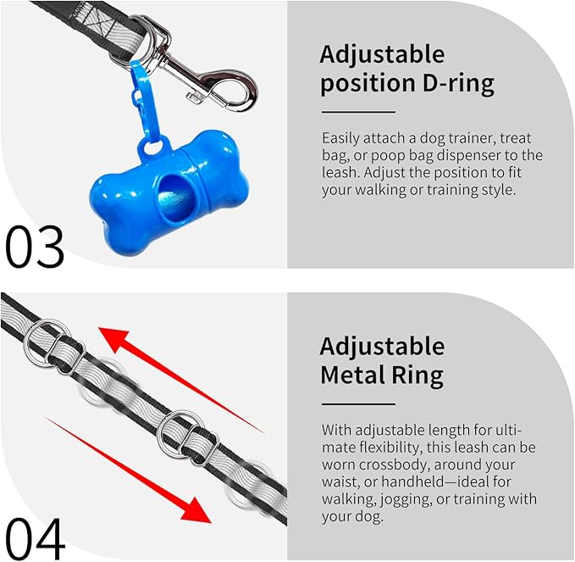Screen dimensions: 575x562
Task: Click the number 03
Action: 35,247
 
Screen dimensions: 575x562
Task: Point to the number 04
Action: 35,539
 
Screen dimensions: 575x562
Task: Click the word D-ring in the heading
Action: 458,85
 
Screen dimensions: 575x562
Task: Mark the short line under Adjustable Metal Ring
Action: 358,404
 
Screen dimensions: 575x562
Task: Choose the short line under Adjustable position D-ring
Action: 358,112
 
